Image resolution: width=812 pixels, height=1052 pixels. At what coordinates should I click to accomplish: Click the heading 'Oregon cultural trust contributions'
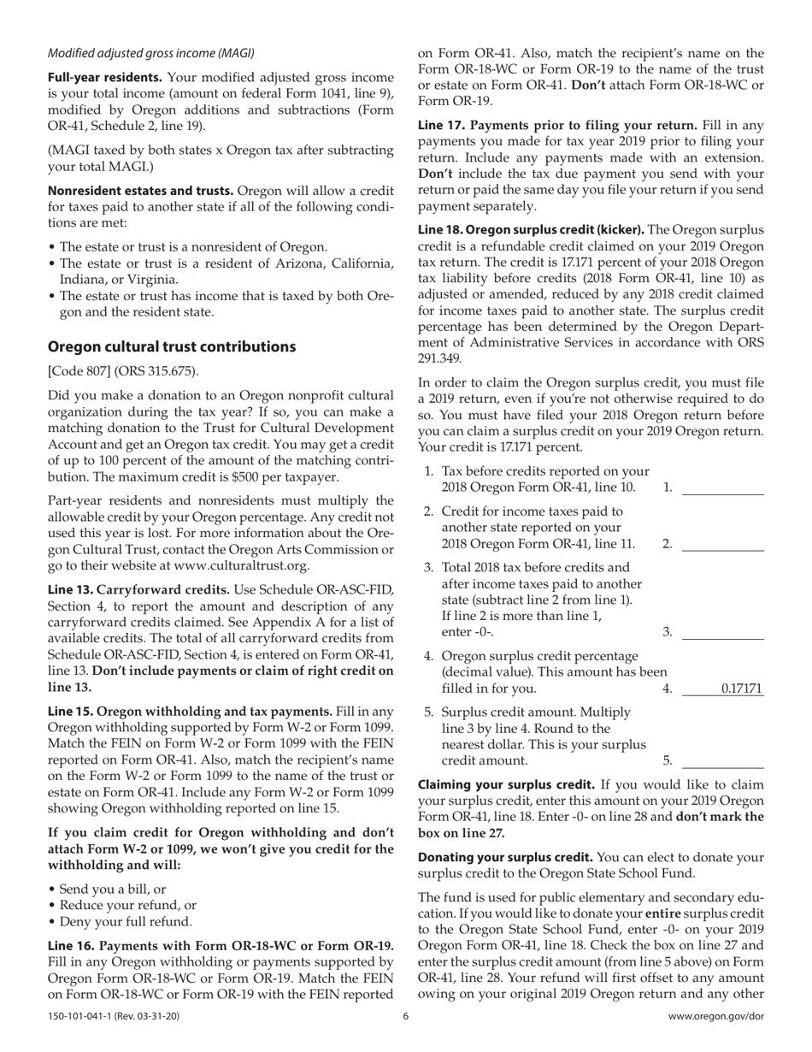click(x=172, y=346)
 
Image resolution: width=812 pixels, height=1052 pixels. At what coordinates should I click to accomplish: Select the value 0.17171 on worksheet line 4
click(x=742, y=689)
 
